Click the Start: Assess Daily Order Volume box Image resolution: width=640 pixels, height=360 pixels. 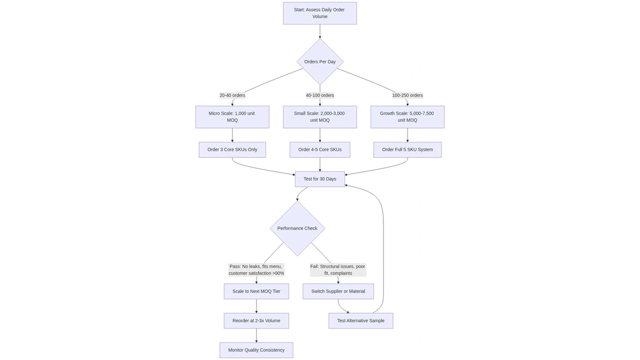pyautogui.click(x=319, y=13)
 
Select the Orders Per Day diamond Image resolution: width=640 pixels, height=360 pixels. pyautogui.click(x=320, y=62)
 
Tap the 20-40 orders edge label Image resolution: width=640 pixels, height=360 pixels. pyautogui.click(x=232, y=95)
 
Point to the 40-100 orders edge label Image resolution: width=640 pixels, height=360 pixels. pyautogui.click(x=320, y=95)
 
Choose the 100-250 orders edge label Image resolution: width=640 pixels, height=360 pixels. pyautogui.click(x=407, y=95)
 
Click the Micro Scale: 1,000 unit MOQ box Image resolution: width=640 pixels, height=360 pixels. pyautogui.click(x=232, y=117)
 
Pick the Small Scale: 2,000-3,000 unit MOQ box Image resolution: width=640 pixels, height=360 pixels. pyautogui.click(x=320, y=117)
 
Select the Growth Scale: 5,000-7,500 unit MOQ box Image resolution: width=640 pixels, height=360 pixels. pyautogui.click(x=407, y=117)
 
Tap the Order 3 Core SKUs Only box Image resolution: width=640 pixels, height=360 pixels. pyautogui.click(x=232, y=150)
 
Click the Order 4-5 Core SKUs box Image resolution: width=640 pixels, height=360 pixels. pyautogui.click(x=320, y=150)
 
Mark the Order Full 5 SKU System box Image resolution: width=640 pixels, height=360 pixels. pyautogui.click(x=407, y=150)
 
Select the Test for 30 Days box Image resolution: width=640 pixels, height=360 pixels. pyautogui.click(x=320, y=179)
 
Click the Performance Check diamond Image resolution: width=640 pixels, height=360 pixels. pyautogui.click(x=297, y=228)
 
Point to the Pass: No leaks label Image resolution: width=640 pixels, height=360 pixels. pyautogui.click(x=257, y=270)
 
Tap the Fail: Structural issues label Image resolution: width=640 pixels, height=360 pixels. pyautogui.click(x=338, y=270)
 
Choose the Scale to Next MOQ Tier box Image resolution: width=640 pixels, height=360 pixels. pyautogui.click(x=257, y=292)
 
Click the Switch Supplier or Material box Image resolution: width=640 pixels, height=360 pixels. pyautogui.click(x=338, y=292)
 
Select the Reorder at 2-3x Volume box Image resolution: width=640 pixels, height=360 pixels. pyautogui.click(x=257, y=321)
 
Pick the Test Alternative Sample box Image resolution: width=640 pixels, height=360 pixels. pyautogui.click(x=361, y=321)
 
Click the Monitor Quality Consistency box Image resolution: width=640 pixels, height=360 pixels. pyautogui.click(x=257, y=350)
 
